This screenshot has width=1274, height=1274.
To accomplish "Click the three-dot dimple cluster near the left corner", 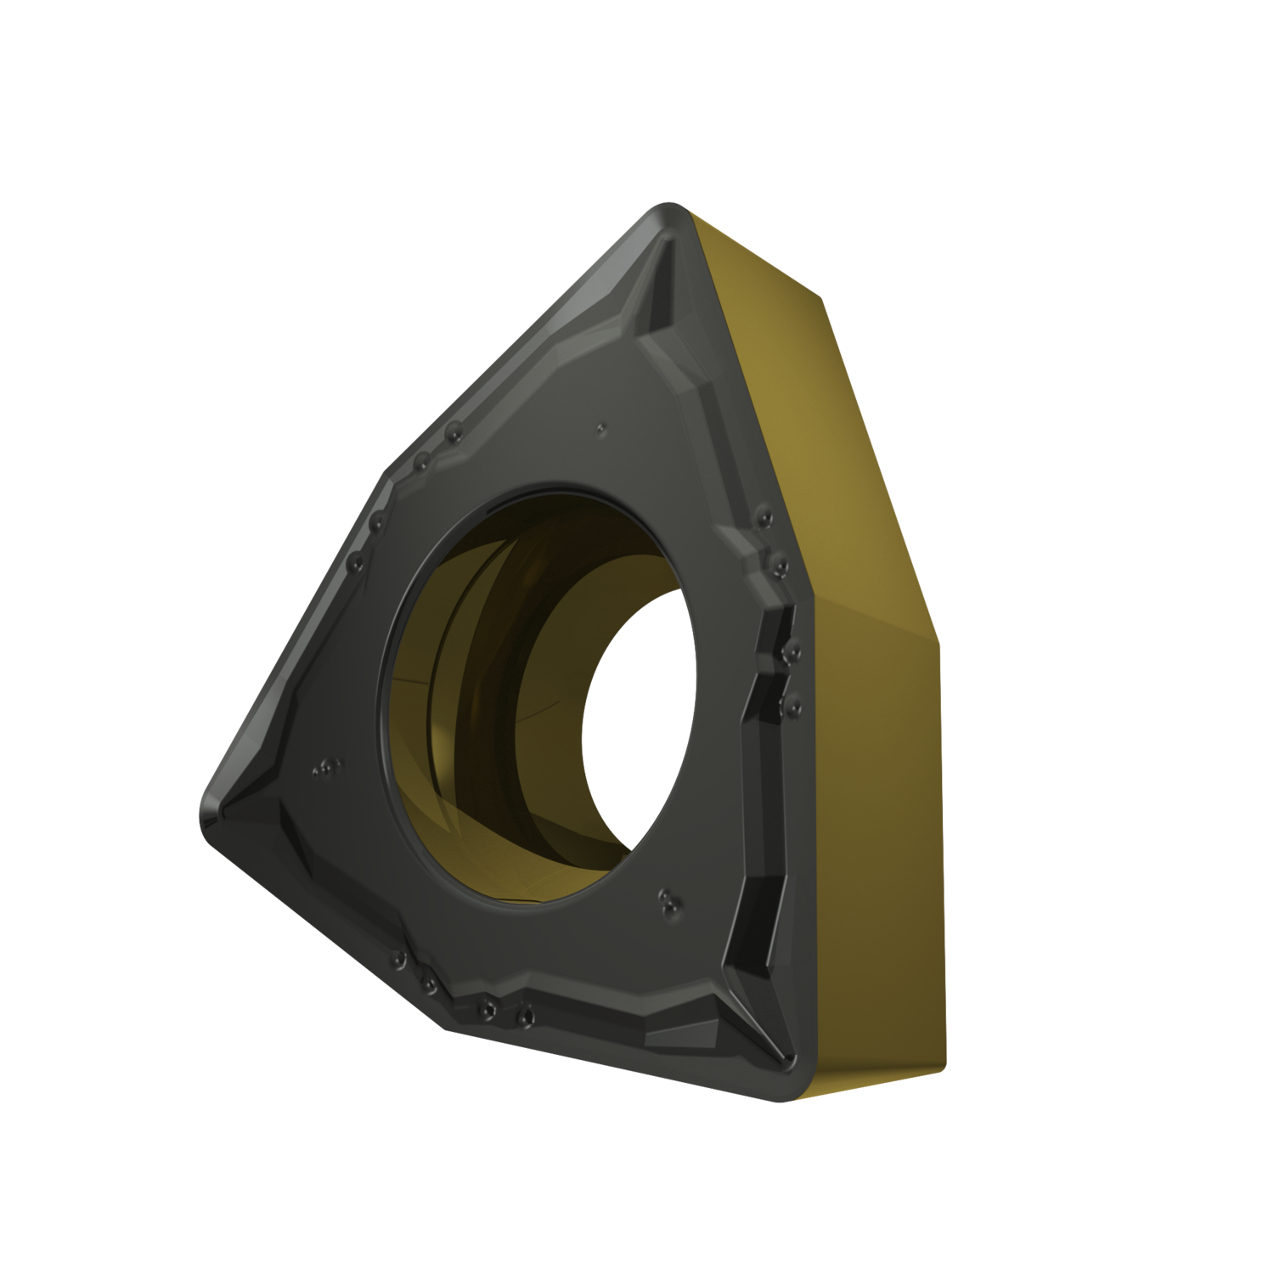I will point(325,769).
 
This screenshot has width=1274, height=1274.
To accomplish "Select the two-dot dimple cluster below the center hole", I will point(668,902).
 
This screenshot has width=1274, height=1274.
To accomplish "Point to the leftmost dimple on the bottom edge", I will point(398,960).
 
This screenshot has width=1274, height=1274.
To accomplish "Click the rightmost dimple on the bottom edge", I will point(526,1013).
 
